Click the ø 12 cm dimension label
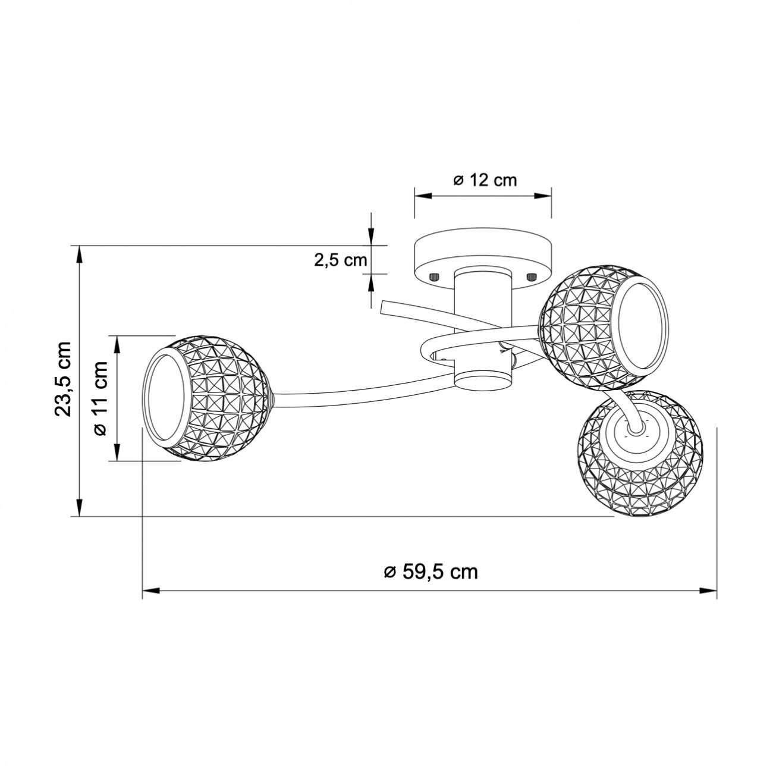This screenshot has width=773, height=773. pyautogui.click(x=485, y=180)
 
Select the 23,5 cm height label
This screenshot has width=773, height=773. pyautogui.click(x=64, y=379)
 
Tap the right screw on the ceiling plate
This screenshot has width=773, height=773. pyautogui.click(x=532, y=276)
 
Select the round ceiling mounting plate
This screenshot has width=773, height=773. pyautogui.click(x=483, y=259)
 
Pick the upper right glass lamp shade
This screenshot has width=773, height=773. pyautogui.click(x=604, y=327)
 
